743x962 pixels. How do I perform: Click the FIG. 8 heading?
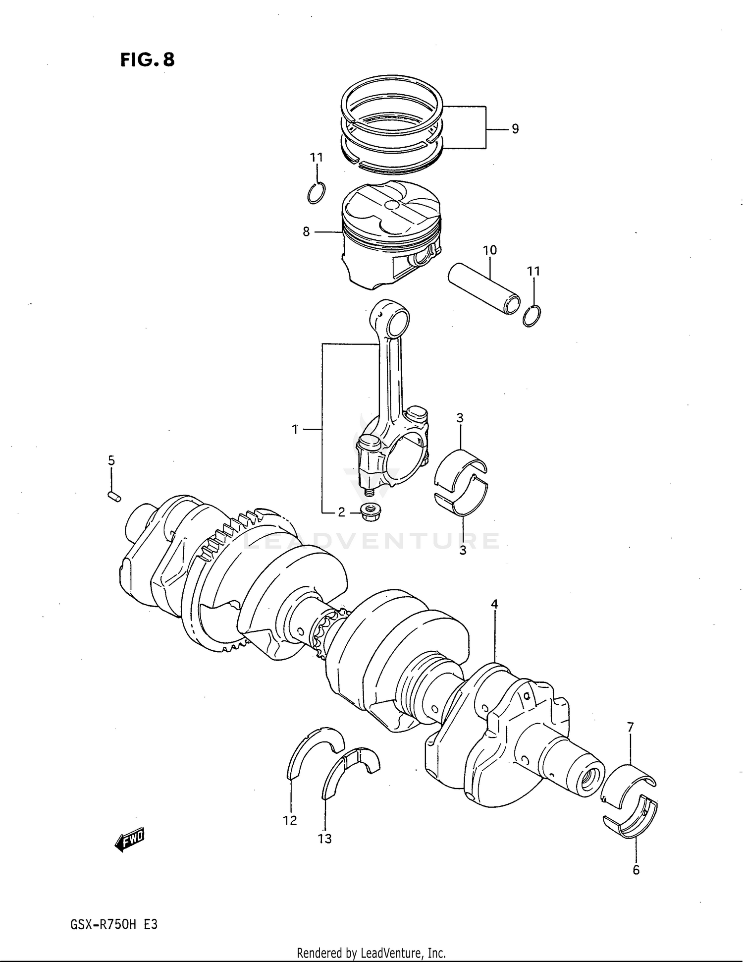(148, 60)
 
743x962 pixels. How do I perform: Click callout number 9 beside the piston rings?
(515, 129)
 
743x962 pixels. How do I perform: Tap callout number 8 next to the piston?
(306, 231)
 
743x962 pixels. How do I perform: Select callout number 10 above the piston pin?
(489, 250)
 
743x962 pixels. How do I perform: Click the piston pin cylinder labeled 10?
(484, 289)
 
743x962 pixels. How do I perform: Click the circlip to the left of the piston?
(316, 193)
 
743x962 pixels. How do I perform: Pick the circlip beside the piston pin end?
(532, 316)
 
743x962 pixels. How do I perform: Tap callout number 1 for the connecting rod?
(295, 429)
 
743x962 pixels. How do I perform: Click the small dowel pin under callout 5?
(113, 496)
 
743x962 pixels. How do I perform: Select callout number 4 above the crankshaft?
(494, 604)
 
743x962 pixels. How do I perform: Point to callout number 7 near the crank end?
(630, 728)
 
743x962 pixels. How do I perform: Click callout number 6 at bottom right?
(636, 870)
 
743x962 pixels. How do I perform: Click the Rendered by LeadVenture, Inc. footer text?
(371, 953)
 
